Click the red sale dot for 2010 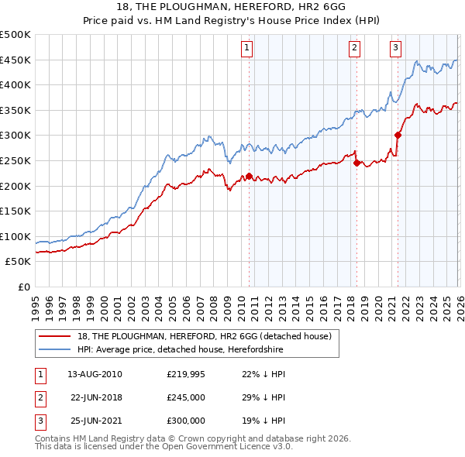click(249, 176)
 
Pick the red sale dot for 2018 click(356, 163)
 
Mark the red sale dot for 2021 click(398, 135)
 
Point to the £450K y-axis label click(15, 60)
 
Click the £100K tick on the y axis click(15, 236)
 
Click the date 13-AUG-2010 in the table click(95, 374)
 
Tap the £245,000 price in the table click(186, 397)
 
